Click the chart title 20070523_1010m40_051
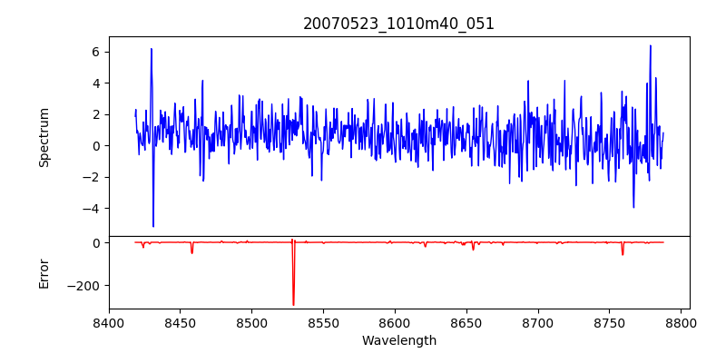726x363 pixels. pyautogui.click(x=398, y=24)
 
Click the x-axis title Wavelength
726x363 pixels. pyautogui.click(x=398, y=340)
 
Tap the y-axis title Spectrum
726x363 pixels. pyautogui.click(x=44, y=137)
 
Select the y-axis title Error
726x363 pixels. pyautogui.click(x=44, y=273)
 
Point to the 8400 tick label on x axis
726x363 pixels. pyautogui.click(x=109, y=322)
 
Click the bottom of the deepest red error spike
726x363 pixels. pyautogui.click(x=293, y=304)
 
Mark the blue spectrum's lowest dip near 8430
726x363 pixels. pyautogui.click(x=153, y=226)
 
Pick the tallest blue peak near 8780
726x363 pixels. pyautogui.click(x=651, y=45)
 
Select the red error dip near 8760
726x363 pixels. pyautogui.click(x=623, y=254)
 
